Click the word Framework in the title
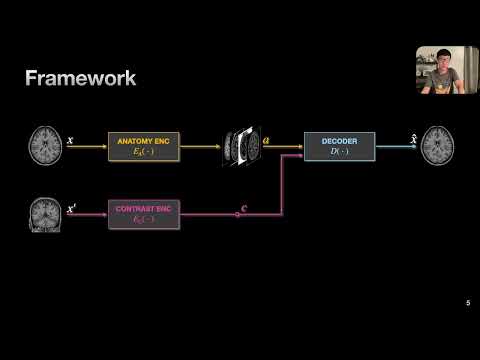tap(80, 77)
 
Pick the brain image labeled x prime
tap(44, 213)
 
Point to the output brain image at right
tap(436, 145)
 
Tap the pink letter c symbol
tap(246, 207)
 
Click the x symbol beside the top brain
tap(70, 140)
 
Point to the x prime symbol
tap(72, 207)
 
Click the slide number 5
tap(468, 302)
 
